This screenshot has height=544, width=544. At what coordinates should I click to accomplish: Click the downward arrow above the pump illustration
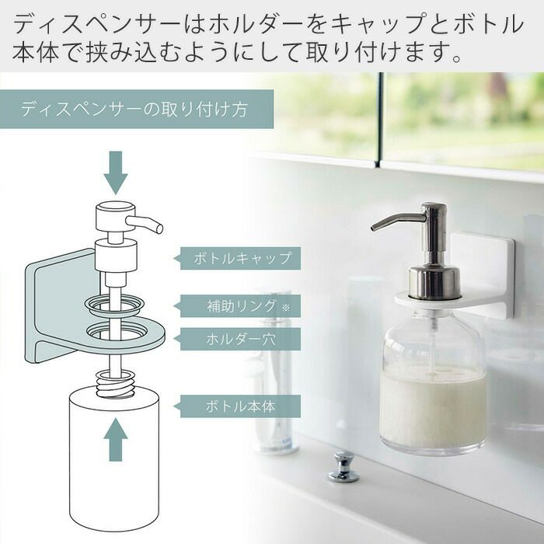tap(116, 173)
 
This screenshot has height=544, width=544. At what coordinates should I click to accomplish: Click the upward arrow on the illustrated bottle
tap(116, 439)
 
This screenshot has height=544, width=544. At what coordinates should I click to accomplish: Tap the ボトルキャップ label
tap(240, 258)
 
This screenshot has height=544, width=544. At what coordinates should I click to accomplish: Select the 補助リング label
tap(240, 305)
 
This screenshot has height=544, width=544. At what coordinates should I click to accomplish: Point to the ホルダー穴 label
tap(240, 339)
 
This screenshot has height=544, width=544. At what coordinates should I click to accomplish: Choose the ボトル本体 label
tap(240, 406)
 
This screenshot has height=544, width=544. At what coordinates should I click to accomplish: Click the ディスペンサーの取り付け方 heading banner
tap(137, 109)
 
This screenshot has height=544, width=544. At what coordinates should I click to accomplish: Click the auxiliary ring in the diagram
tap(114, 305)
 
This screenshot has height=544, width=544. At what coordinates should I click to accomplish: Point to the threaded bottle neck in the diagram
tap(116, 384)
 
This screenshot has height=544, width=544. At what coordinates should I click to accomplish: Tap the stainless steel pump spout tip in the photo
tap(374, 227)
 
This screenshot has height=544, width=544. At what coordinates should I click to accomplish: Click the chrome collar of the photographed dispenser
tap(435, 281)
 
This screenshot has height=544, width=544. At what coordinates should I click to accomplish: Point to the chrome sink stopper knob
tap(343, 466)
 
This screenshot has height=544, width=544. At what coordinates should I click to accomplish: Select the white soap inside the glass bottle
tap(433, 406)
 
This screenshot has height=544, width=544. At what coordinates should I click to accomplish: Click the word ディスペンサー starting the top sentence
tap(96, 23)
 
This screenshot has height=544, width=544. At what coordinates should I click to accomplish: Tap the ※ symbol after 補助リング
tap(285, 307)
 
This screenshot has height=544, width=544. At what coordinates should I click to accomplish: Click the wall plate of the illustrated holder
tap(61, 305)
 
